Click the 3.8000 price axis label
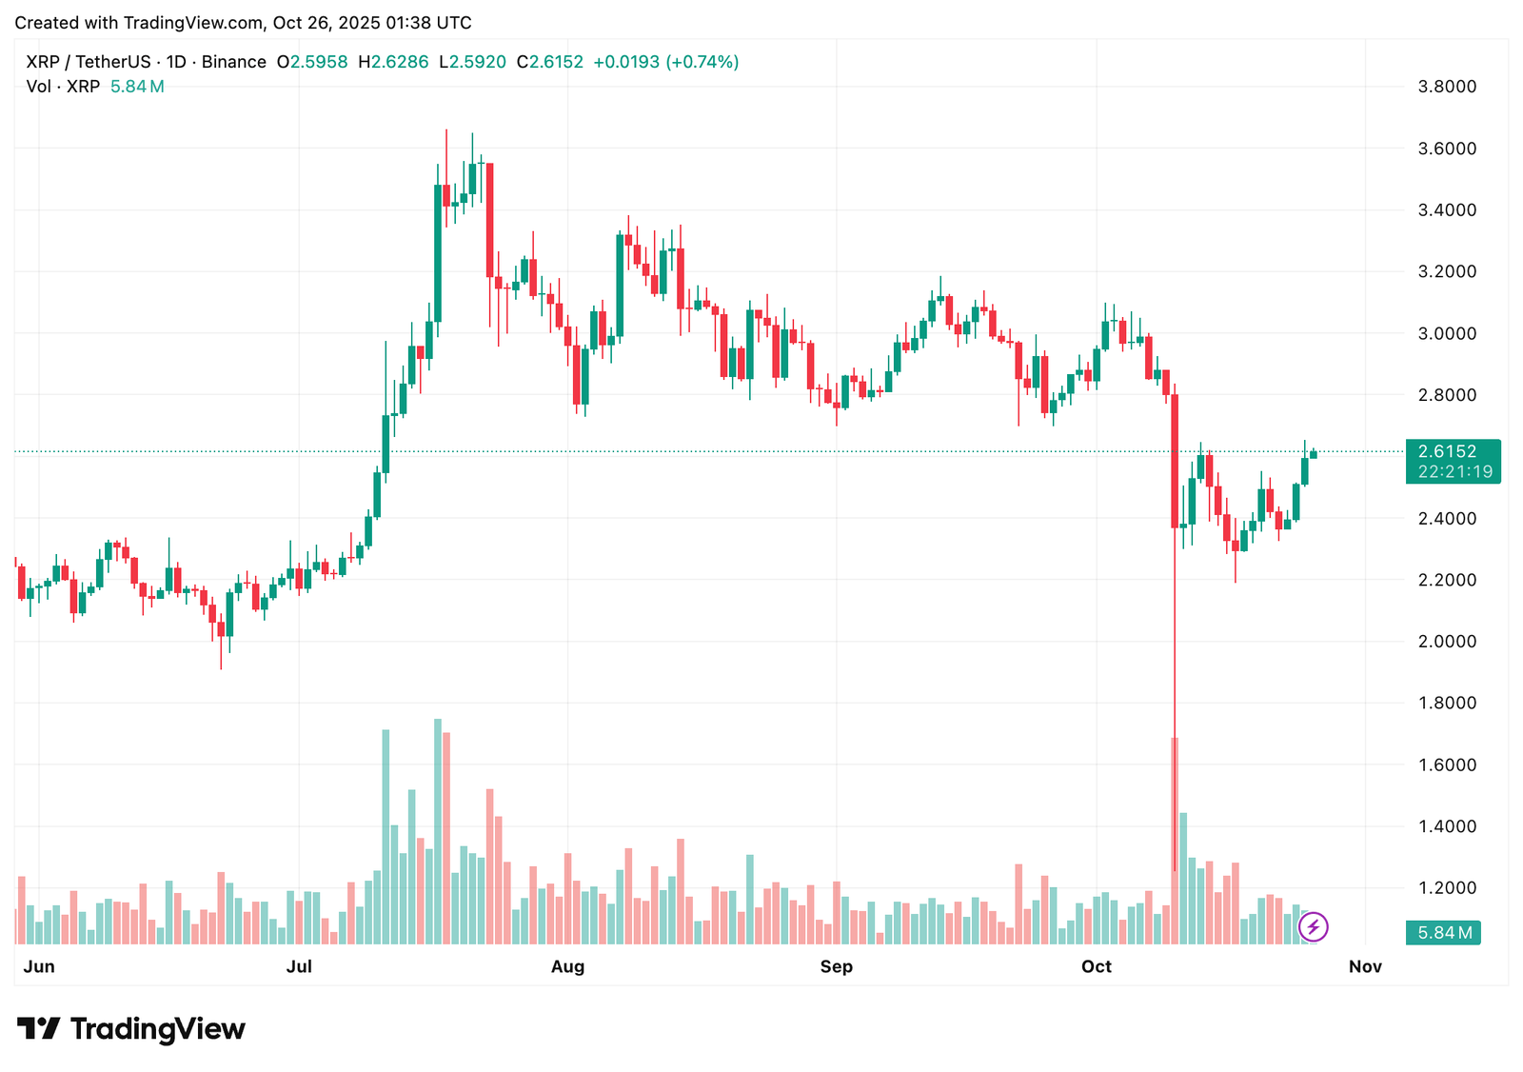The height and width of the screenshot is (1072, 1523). [x=1447, y=87]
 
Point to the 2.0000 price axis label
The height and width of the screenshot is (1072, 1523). [x=1447, y=642]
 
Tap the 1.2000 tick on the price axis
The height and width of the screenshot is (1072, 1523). [x=1447, y=888]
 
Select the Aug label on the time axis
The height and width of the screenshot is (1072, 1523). [x=567, y=967]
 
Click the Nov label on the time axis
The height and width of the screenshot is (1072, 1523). [x=1365, y=967]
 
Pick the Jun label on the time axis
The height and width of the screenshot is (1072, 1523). [x=39, y=967]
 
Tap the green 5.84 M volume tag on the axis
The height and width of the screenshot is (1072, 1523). [x=1443, y=933]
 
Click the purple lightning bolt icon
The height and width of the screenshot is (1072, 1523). [x=1314, y=926]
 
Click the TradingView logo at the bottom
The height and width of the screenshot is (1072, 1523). [x=131, y=1029]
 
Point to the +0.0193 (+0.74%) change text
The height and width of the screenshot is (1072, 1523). [x=665, y=62]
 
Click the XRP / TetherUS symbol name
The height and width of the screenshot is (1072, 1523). [x=89, y=62]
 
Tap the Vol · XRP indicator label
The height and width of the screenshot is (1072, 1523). [x=63, y=87]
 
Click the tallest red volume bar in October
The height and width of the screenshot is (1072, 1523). [x=1175, y=838]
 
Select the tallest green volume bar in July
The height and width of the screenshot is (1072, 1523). [x=438, y=828]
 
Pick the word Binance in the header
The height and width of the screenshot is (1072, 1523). [x=234, y=62]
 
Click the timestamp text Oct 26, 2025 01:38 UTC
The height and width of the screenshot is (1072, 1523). [x=372, y=23]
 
